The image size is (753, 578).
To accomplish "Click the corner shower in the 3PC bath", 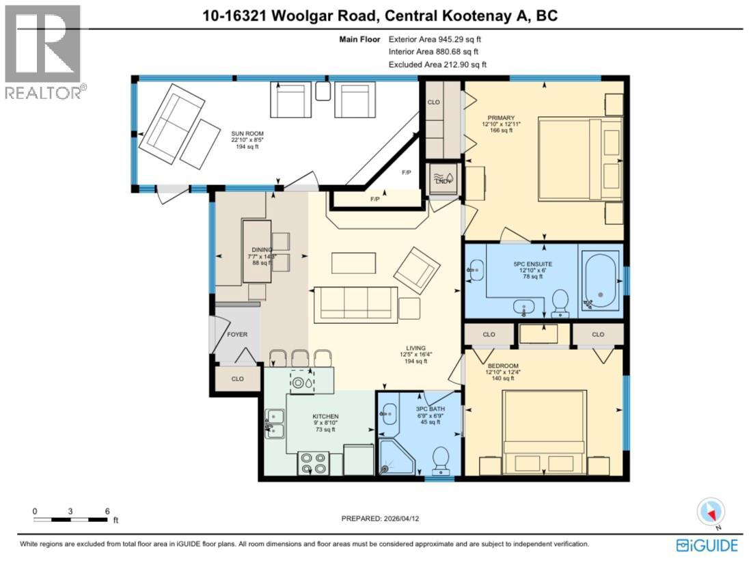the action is click(393, 457).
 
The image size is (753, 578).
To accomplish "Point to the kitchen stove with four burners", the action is click(314, 464).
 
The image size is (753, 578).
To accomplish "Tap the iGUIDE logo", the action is click(707, 545).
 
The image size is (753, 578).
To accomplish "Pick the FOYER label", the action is click(237, 335).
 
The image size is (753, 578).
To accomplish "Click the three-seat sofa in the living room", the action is click(355, 304).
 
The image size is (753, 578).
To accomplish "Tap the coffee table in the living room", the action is click(353, 262).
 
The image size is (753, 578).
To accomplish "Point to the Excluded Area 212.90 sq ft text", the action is click(437, 64).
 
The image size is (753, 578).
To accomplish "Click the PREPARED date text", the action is click(389, 519).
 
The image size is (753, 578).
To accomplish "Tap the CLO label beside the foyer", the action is click(237, 379).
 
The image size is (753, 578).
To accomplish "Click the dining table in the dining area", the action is click(256, 251).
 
